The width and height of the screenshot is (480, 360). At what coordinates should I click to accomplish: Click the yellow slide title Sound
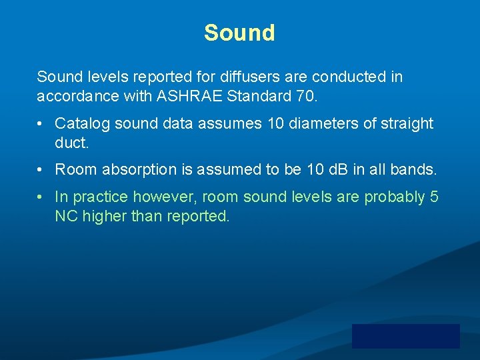click(239, 33)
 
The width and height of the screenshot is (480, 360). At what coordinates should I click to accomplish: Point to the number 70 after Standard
click(305, 97)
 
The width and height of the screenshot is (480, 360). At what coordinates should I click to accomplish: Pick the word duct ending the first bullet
click(69, 143)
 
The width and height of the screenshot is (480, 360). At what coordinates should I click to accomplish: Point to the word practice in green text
click(101, 197)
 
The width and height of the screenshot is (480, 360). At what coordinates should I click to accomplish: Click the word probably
click(393, 197)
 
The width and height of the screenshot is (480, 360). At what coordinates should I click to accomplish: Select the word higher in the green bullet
click(103, 216)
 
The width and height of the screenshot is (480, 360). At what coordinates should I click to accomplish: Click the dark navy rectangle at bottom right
click(405, 336)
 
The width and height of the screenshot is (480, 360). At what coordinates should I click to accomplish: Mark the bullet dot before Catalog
click(41, 124)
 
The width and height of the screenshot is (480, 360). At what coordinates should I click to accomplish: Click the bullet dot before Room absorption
click(41, 170)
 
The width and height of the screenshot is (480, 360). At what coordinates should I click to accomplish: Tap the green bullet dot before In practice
click(41, 197)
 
